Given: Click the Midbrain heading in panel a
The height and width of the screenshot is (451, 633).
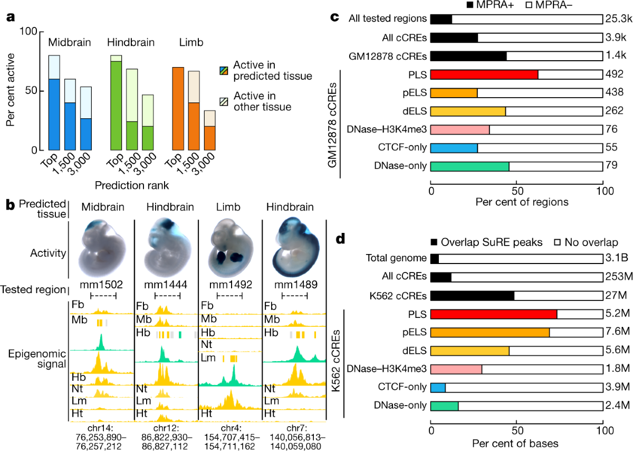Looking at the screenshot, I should coord(68,42).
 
